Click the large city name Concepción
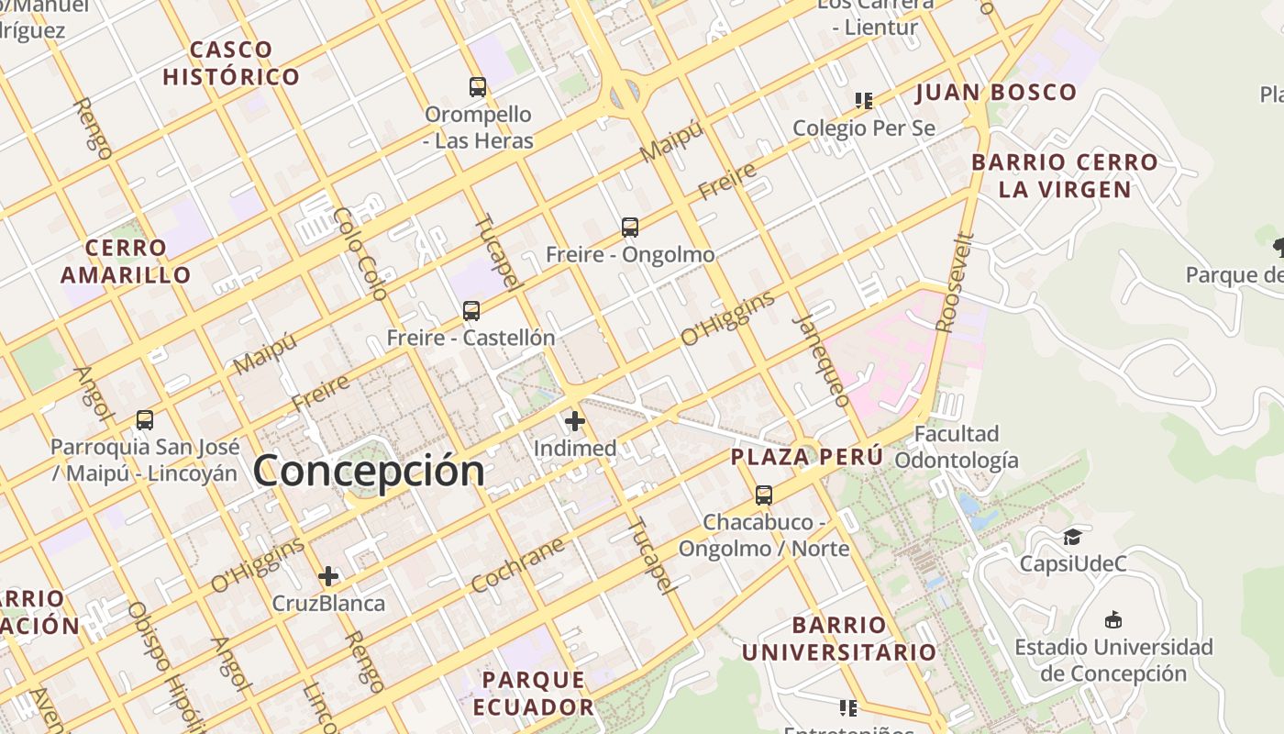pos(369,471)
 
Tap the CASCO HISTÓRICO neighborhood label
pos(231,63)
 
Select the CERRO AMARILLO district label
pos(127,261)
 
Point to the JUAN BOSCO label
pos(995,93)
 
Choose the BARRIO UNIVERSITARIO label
pos(838,639)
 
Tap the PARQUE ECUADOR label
pos(533,694)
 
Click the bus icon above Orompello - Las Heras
pos(478,87)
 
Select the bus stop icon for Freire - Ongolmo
pos(630,227)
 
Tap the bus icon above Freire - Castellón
pos(471,310)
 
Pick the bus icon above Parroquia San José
pos(145,420)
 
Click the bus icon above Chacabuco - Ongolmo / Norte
pos(764,495)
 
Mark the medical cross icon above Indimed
pos(575,421)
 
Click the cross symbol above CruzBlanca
pos(328,576)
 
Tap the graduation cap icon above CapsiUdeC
pos(1072,537)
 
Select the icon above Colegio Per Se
pos(863,100)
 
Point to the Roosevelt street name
pos(956,282)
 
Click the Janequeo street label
pos(822,360)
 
